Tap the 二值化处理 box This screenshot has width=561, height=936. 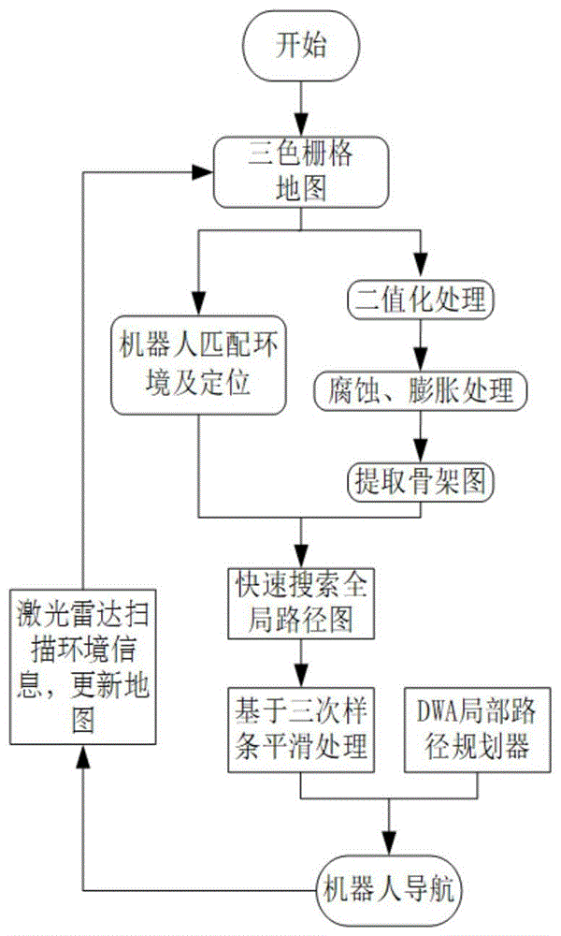tap(420, 302)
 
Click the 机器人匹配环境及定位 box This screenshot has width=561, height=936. tap(197, 367)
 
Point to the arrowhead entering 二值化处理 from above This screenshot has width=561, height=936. tap(420, 271)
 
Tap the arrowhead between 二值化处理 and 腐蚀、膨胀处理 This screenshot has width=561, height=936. tap(420, 359)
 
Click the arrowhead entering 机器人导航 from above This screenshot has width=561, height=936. tap(387, 841)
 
